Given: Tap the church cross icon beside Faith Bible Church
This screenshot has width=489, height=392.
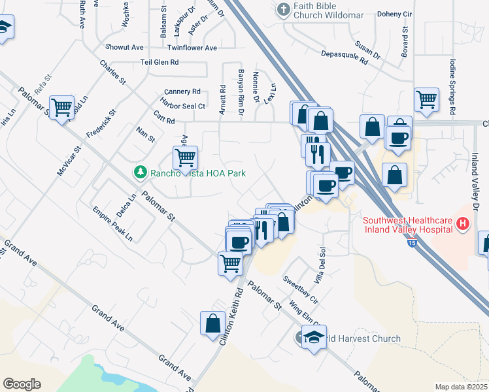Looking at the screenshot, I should (x=282, y=10).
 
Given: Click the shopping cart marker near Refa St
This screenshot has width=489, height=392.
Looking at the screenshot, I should (x=62, y=106).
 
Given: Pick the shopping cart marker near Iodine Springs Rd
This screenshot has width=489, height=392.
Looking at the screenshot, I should (x=426, y=99).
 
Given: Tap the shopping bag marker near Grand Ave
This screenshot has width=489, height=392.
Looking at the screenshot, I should (x=212, y=323).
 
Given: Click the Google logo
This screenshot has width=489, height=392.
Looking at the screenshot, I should (x=22, y=384).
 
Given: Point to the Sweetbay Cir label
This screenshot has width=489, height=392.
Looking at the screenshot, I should (x=300, y=289).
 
